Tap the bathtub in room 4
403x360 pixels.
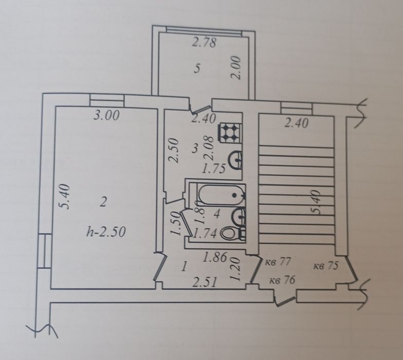221,195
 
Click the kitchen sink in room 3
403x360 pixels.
236,160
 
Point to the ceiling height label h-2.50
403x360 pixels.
106,232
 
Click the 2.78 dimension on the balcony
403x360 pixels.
205,43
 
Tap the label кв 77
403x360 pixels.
278,262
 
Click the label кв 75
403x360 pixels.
326,265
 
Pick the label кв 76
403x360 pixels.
282,280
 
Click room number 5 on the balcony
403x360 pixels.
197,69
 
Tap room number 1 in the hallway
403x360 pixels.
184,267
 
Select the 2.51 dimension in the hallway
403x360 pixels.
205,282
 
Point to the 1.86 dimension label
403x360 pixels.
215,257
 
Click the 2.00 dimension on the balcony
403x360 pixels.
235,68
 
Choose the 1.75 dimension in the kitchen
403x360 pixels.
214,169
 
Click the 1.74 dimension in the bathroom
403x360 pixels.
205,233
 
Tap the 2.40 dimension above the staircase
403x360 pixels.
296,123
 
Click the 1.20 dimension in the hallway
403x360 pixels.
235,269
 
